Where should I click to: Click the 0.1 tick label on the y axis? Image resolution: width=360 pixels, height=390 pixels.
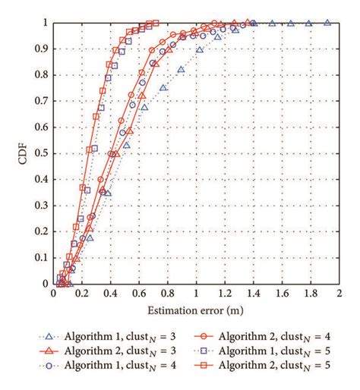point(40,258)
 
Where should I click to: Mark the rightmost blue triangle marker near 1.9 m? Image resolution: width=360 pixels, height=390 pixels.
point(327,23)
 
